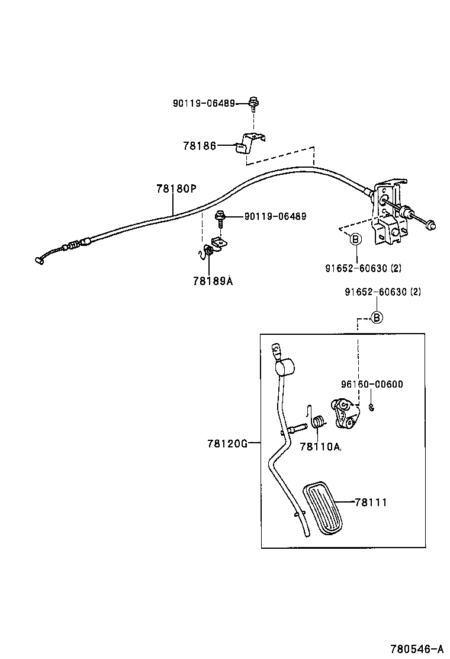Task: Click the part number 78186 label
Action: [199, 145]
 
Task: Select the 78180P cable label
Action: [176, 188]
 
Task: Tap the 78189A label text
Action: [212, 281]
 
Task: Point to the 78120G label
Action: [227, 443]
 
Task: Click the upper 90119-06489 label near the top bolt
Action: [204, 103]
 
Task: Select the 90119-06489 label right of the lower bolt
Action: [275, 216]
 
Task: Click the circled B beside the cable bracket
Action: [355, 239]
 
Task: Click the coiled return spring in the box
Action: [318, 423]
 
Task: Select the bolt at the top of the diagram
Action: [253, 104]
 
